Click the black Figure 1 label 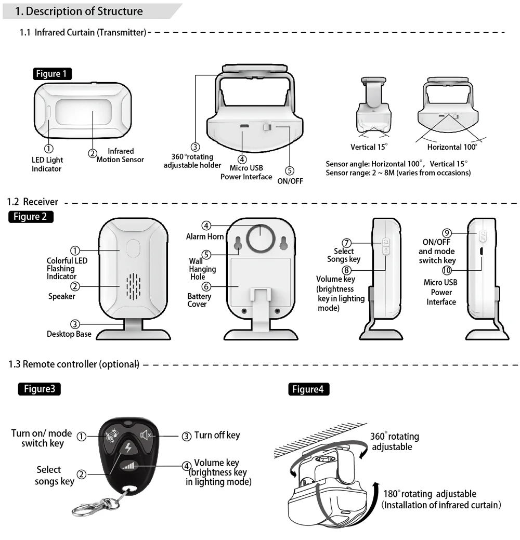coord(52,74)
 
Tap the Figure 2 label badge coord(31,217)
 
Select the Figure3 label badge coord(39,389)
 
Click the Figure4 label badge coord(308,389)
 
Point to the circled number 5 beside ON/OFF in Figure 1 coord(290,170)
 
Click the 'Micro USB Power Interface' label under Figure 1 coord(246,172)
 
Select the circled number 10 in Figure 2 coord(447,270)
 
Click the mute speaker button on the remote coord(146,434)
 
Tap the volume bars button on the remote coord(128,466)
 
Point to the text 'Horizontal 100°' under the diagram coord(452,147)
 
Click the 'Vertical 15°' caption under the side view coord(369,147)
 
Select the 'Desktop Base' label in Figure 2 coord(69,334)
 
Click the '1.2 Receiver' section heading coord(33,202)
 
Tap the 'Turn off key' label coord(217,435)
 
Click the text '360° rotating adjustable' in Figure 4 coord(395,441)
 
